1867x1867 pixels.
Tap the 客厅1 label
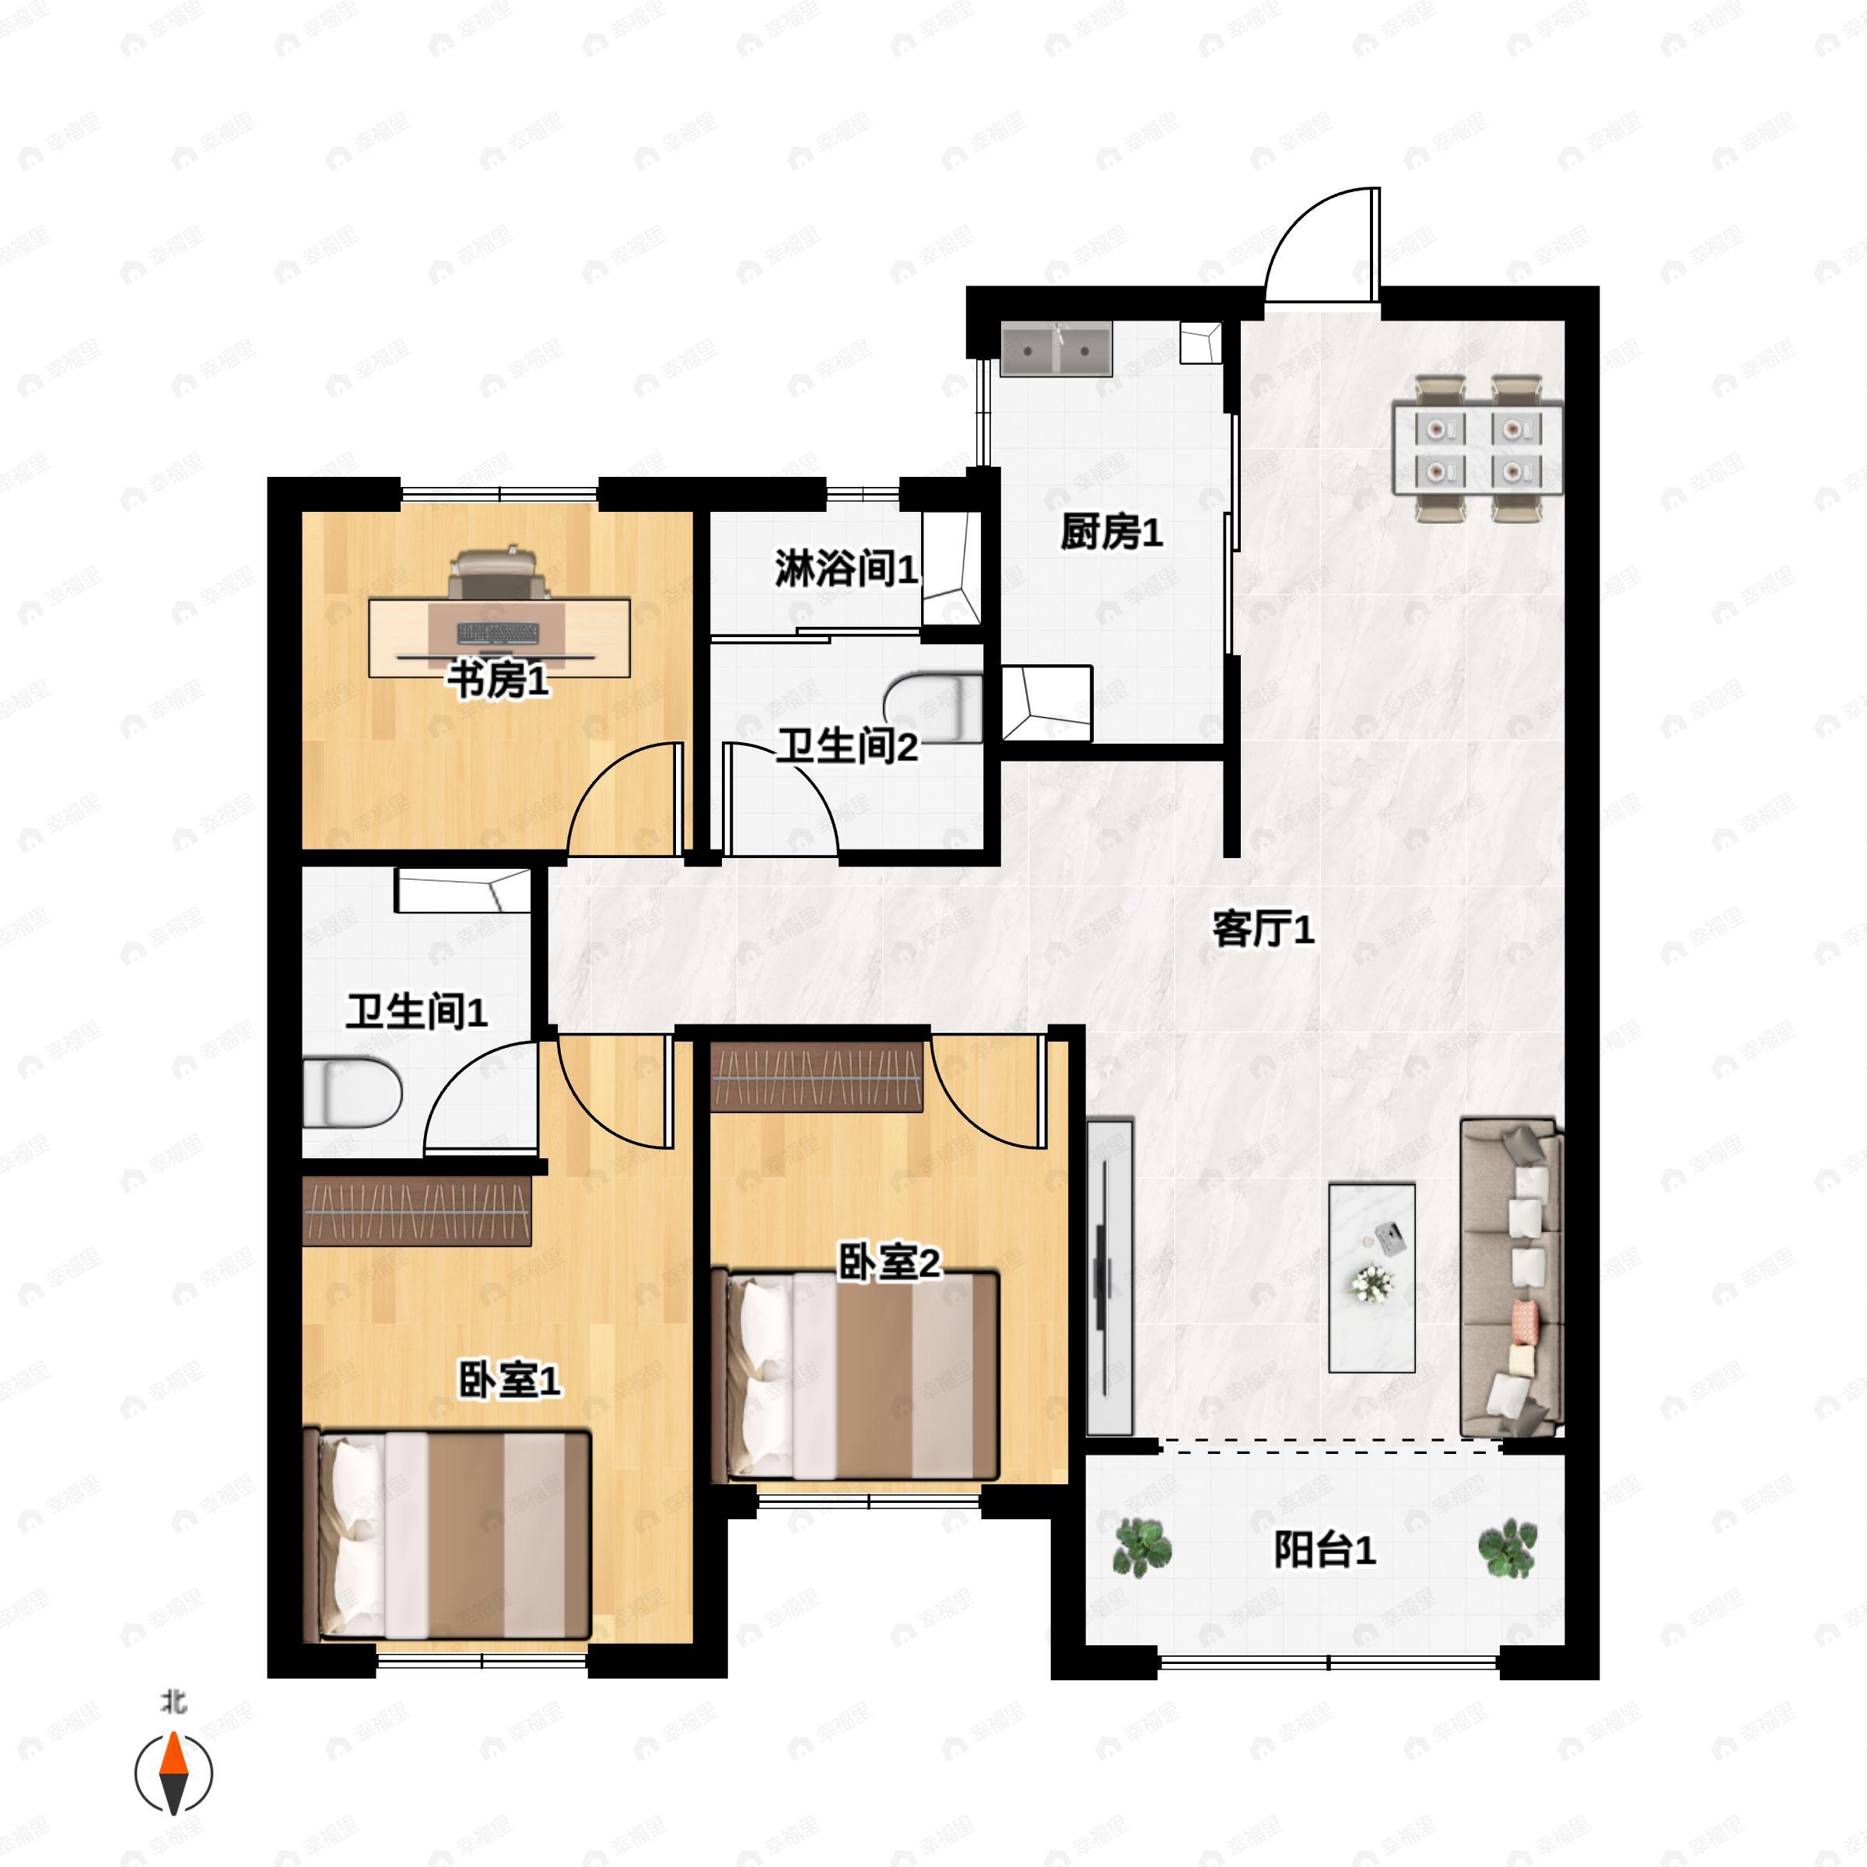(1263, 930)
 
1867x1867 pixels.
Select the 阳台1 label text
(1324, 1551)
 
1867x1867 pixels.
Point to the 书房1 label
(498, 681)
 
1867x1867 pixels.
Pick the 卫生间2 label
(847, 746)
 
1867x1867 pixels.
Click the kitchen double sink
(1056, 350)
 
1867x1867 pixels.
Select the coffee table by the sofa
(1372, 1277)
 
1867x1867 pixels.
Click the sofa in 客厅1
(1511, 1277)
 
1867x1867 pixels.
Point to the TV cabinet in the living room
(1109, 1277)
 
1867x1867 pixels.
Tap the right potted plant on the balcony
(1508, 1547)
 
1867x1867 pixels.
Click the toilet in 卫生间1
(352, 1094)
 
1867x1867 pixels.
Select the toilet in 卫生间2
(933, 709)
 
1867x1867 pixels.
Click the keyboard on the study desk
(498, 634)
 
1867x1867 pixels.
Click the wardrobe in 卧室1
(418, 1211)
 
